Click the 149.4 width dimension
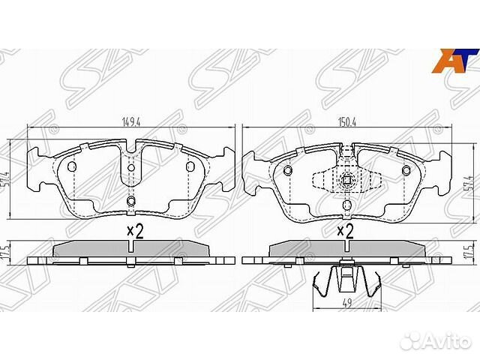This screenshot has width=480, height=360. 130,121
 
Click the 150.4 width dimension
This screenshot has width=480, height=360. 347,121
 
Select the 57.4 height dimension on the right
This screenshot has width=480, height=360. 469,182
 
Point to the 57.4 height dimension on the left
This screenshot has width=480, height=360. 7,181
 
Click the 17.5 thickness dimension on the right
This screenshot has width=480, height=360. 469,253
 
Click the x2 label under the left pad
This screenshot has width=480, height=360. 135,232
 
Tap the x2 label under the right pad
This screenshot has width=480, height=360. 345,232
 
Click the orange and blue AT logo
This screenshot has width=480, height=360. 455,61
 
